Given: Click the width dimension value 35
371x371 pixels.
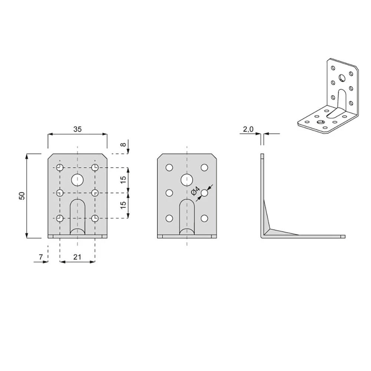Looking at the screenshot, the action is pyautogui.click(x=78, y=129).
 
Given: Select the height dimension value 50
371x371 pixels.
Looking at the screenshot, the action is pyautogui.click(x=22, y=196).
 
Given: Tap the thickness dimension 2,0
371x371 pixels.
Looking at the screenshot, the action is pyautogui.click(x=248, y=129).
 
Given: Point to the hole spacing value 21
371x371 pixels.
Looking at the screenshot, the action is pyautogui.click(x=77, y=257).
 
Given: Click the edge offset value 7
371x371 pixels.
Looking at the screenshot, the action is pyautogui.click(x=41, y=257).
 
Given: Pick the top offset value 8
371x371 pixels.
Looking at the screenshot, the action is pyautogui.click(x=124, y=144).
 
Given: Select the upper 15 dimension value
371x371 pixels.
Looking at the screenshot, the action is pyautogui.click(x=123, y=180).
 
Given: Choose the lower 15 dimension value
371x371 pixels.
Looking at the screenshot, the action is pyautogui.click(x=123, y=205).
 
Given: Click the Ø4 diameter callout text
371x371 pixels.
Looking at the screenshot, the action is pyautogui.click(x=196, y=191).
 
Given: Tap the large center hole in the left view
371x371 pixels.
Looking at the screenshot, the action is pyautogui.click(x=78, y=180).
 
